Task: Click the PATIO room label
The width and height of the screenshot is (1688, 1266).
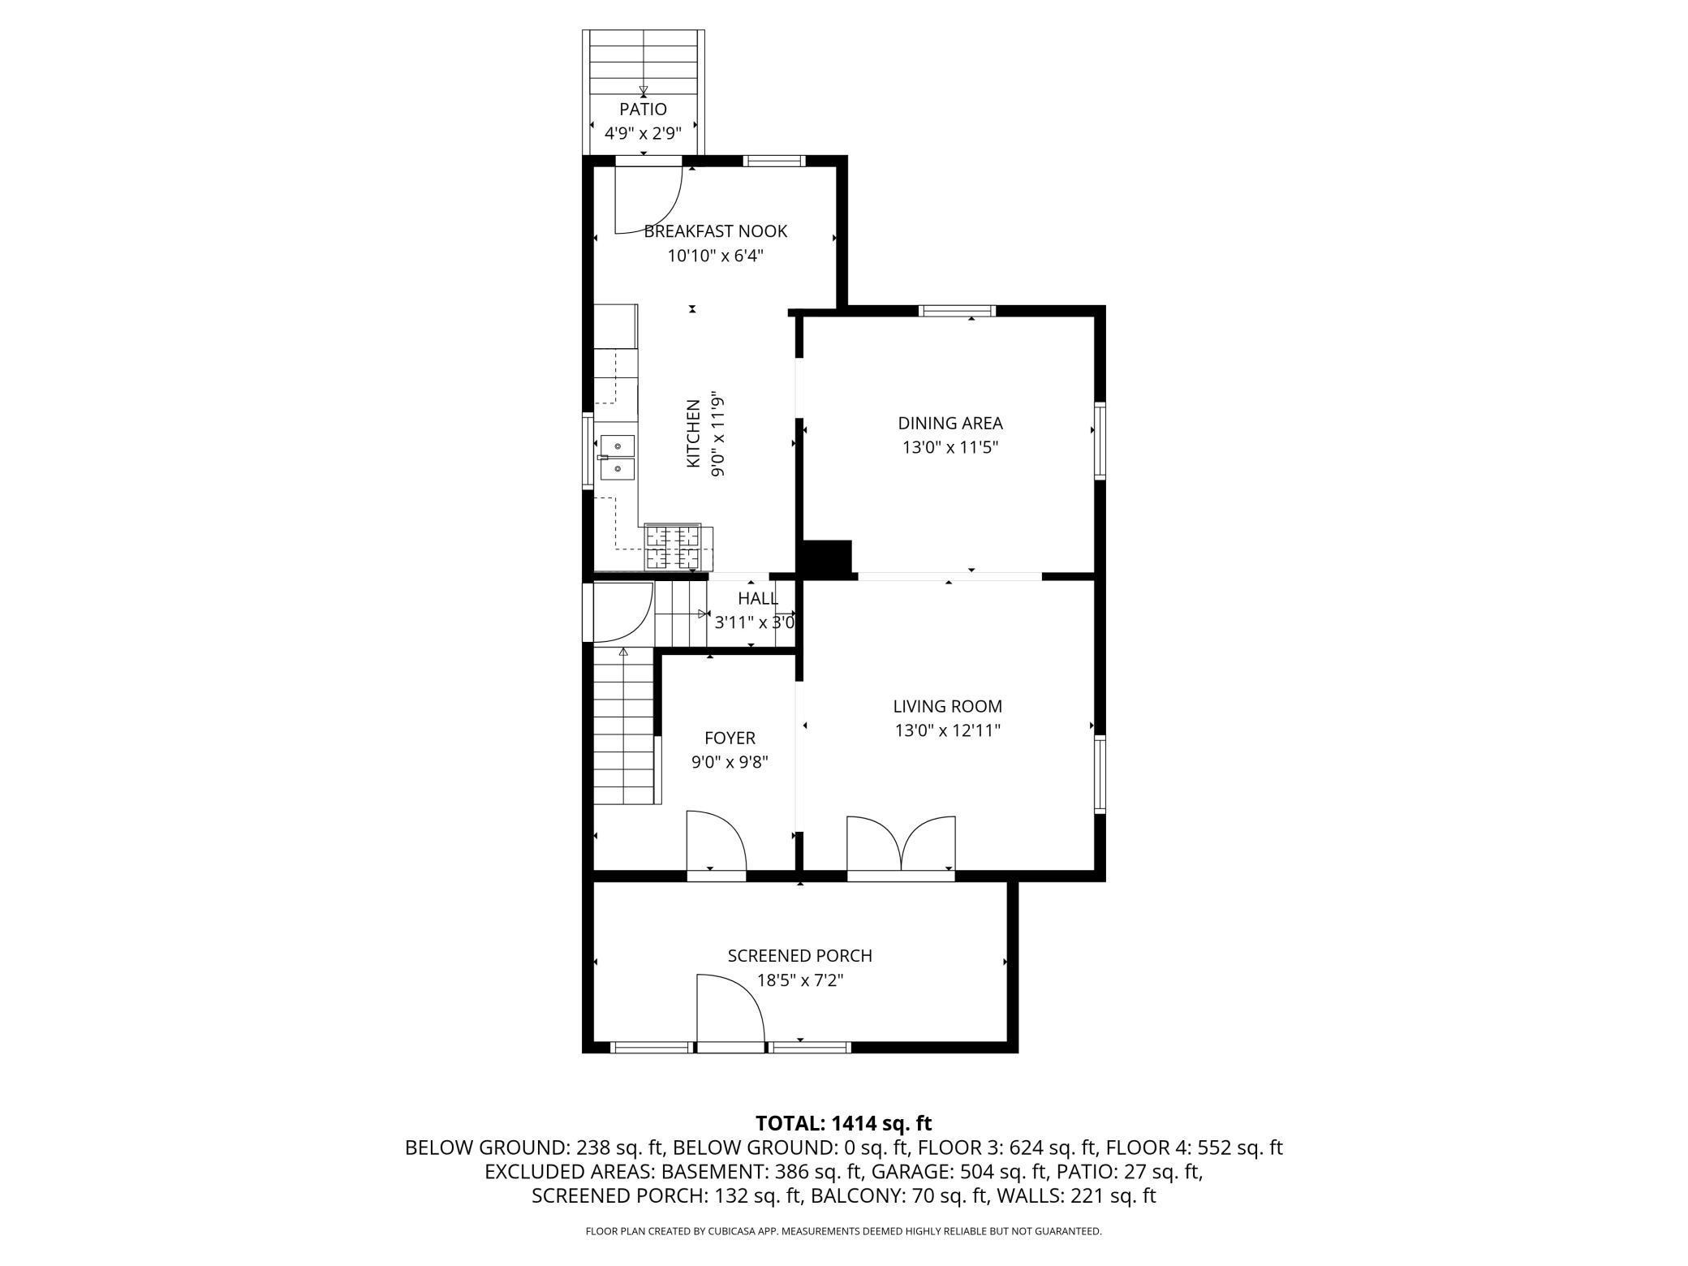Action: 643,110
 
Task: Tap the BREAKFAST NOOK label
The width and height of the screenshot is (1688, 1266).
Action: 715,231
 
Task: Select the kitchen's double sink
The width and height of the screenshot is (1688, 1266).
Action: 617,458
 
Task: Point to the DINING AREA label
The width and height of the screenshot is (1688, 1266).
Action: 949,423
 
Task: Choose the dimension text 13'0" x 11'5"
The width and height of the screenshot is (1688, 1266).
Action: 949,447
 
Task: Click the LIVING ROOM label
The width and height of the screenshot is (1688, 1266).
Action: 947,706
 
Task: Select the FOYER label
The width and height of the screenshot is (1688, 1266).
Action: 730,738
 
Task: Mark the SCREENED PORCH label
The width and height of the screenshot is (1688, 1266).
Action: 799,956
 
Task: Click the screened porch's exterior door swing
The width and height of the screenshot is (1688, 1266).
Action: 730,1010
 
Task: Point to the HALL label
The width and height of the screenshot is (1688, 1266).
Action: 758,599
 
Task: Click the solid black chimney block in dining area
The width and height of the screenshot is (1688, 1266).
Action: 826,558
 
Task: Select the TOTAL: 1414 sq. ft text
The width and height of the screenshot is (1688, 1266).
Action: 844,1123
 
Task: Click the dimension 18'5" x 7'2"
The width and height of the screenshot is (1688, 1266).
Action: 800,980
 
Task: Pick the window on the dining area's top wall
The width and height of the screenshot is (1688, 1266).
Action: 957,310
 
